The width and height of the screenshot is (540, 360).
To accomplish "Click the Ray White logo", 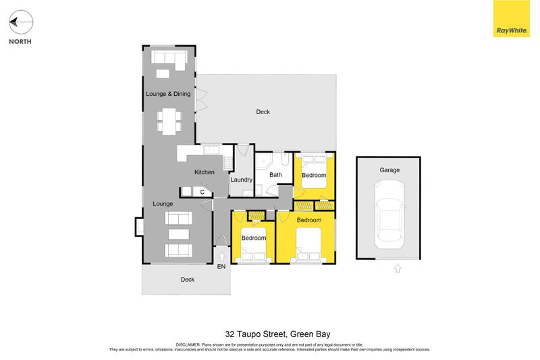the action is [512, 19].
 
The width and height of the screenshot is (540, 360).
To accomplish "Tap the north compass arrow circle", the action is [21, 22].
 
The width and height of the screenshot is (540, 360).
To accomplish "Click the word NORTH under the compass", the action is [20, 41].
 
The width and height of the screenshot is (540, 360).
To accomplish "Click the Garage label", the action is [389, 170].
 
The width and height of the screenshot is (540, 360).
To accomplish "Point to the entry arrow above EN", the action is [222, 256].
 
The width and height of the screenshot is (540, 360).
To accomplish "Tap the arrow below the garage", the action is [398, 268].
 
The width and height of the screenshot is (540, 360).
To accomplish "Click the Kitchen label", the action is [205, 172].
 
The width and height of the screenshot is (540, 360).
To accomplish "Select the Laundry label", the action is [241, 180].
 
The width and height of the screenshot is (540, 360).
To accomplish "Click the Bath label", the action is [275, 175].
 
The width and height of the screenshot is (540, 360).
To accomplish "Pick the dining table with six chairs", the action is [169, 122].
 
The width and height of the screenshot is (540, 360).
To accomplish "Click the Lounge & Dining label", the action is [168, 94].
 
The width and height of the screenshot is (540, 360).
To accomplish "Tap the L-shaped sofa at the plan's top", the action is [169, 59].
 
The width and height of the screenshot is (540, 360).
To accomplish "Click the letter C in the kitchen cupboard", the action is [202, 192].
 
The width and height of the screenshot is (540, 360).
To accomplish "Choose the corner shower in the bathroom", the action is [263, 161].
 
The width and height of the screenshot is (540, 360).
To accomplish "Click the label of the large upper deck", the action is [263, 112].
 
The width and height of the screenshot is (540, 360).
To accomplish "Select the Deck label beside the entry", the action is [188, 280].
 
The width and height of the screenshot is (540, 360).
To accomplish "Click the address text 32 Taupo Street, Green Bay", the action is [277, 334].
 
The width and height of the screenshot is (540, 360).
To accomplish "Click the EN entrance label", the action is [221, 266].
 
